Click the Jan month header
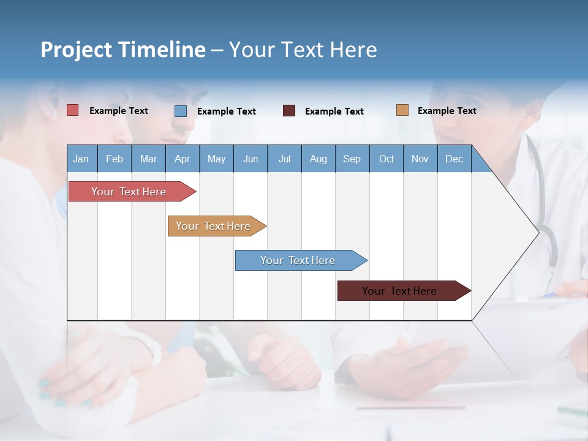pyautogui.click(x=81, y=159)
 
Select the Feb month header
pyautogui.click(x=115, y=159)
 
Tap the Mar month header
pyautogui.click(x=148, y=159)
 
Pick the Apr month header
pyautogui.click(x=182, y=159)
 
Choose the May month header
pyautogui.click(x=216, y=159)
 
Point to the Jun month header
pyautogui.click(x=251, y=159)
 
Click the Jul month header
pyautogui.click(x=284, y=159)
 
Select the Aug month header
pyautogui.click(x=318, y=159)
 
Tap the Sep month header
pyautogui.click(x=352, y=159)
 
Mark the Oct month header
pyautogui.click(x=386, y=159)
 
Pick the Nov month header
pyautogui.click(x=420, y=159)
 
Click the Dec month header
pyautogui.click(x=454, y=159)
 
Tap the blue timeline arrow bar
pyautogui.click(x=298, y=260)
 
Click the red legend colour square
pyautogui.click(x=73, y=110)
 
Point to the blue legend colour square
pyautogui.click(x=181, y=111)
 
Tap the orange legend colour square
pyautogui.click(x=402, y=110)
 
